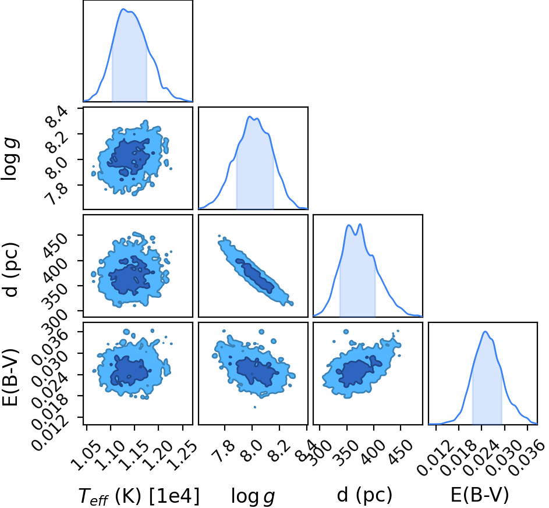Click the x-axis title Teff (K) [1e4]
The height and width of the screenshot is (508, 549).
point(139,495)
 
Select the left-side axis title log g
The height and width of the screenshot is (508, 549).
point(10,159)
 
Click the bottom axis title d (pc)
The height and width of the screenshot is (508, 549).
point(364,495)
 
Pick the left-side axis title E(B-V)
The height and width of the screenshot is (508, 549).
point(10,377)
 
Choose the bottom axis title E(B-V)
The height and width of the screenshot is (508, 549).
point(479,495)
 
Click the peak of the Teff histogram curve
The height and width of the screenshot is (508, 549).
point(123,9)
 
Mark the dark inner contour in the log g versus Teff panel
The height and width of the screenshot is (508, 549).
point(129,157)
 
